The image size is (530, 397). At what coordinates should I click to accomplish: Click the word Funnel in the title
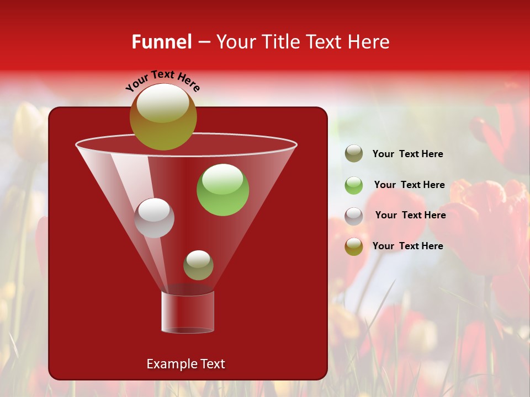coord(161,42)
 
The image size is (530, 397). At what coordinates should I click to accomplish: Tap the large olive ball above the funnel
coord(163,116)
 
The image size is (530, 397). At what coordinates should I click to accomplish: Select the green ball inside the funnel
coord(222,190)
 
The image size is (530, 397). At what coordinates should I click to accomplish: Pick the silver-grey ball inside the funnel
coord(154,218)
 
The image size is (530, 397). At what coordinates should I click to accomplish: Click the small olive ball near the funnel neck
coord(198,265)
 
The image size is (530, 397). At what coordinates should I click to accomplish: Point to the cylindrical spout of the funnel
coord(188,312)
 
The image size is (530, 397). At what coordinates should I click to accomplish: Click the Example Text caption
coord(185,364)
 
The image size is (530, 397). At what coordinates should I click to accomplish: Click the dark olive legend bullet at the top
coord(354,154)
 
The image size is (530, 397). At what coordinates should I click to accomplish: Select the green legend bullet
coord(354,185)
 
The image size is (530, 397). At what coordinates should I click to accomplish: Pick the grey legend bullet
coord(354,216)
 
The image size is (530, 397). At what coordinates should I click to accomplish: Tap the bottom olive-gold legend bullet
coord(354,246)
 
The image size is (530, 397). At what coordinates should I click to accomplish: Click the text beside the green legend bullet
coord(409,185)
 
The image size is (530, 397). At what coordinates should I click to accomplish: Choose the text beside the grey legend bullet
coord(410,215)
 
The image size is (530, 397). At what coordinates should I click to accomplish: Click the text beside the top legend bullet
coord(407,154)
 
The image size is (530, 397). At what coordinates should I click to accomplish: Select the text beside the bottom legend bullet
coord(407,246)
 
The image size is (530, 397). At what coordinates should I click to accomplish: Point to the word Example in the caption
coord(170,364)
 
